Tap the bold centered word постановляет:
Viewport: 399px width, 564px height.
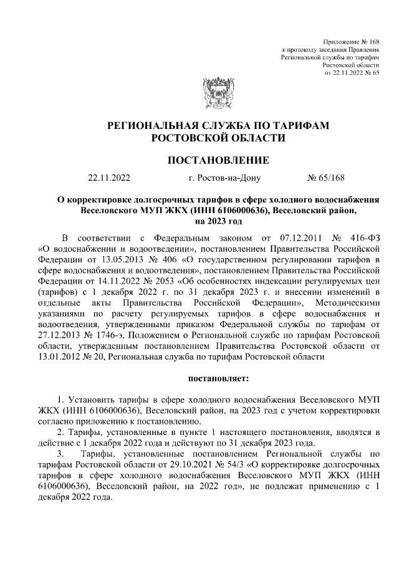coord(218,378)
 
